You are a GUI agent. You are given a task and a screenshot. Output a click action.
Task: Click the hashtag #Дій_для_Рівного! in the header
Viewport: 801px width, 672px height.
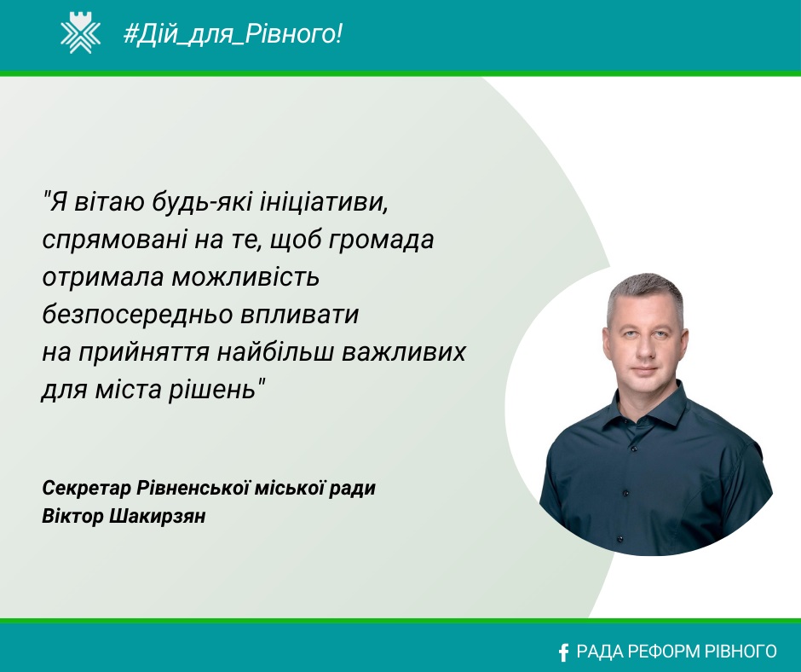[x=233, y=34]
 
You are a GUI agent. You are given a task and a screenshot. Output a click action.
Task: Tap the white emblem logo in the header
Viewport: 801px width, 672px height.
[x=81, y=34]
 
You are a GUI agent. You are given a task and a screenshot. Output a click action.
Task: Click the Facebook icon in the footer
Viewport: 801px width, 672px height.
[x=563, y=652]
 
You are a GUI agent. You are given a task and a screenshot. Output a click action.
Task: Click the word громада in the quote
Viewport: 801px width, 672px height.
[x=381, y=240]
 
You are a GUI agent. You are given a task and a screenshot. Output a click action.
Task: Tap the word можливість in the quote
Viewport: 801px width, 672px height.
[x=245, y=277]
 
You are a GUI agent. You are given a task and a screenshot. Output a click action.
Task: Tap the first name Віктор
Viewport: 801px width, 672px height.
[x=72, y=516]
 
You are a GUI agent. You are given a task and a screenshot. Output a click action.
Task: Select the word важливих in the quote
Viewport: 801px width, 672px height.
[x=404, y=352]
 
